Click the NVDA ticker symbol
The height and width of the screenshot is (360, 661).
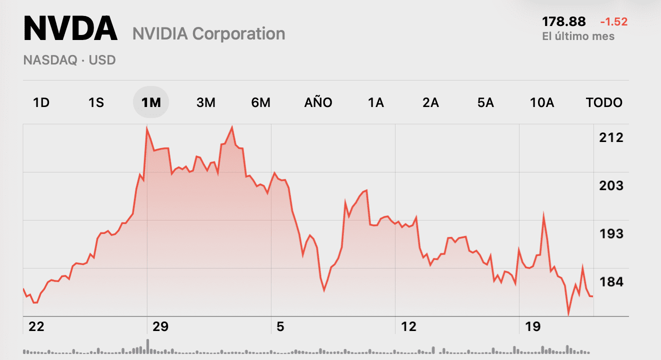coord(70,29)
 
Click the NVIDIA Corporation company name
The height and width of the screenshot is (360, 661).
coord(208,34)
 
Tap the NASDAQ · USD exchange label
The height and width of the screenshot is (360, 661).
coord(69,60)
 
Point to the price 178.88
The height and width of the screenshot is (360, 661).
coord(563,21)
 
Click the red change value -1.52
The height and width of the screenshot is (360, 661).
coord(613,21)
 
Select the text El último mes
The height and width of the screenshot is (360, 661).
coord(578,36)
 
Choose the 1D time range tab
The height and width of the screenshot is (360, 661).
coord(41,102)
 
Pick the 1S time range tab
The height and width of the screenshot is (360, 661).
coord(96,102)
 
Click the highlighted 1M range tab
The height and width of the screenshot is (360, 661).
coord(151,102)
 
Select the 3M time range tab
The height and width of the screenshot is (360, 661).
coord(205,102)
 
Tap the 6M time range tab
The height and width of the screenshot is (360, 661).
coord(260,102)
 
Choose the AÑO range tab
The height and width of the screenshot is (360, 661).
coord(318,102)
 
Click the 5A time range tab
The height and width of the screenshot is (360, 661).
coord(485,102)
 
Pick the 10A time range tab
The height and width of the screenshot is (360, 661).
coord(542,102)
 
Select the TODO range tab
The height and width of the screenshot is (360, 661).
coord(604,102)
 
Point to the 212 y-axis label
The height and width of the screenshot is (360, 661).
coord(611,137)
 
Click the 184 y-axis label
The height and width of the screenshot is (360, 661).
coord(611,282)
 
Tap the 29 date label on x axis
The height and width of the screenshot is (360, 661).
coord(160,327)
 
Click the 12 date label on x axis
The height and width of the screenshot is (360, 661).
coord(408,327)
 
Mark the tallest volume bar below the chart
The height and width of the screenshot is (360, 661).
coord(147,346)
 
